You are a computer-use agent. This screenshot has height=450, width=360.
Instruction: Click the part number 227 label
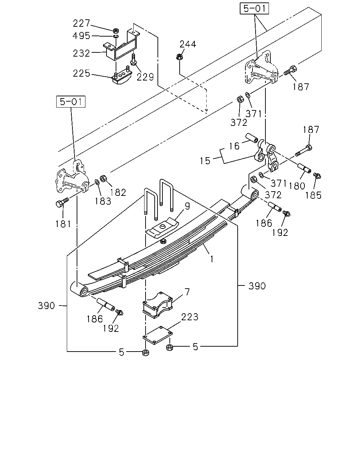pos(81,23)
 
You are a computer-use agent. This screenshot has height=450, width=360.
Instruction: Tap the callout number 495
pos(81,36)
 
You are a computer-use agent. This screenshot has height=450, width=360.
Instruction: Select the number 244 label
pos(188,44)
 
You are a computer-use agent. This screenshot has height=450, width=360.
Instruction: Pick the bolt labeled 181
pos(62,202)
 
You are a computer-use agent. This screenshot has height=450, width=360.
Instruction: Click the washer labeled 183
pos(97,182)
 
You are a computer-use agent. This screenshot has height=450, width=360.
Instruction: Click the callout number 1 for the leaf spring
pos(212,259)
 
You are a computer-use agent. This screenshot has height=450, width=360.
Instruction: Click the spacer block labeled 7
pos(157,305)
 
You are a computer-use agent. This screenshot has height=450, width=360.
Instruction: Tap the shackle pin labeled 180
pos(304,168)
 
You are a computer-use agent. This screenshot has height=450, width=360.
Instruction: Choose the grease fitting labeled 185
pos(317,176)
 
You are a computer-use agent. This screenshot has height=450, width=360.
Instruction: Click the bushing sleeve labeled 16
pos(252,138)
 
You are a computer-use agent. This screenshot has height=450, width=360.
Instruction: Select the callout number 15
pos(205,161)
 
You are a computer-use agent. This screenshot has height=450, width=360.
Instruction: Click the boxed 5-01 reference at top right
pos(254,8)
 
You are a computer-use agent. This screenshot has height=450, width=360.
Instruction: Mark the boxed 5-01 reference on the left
pos(71,102)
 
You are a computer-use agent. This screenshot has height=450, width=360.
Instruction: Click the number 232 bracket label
pos(81,53)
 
